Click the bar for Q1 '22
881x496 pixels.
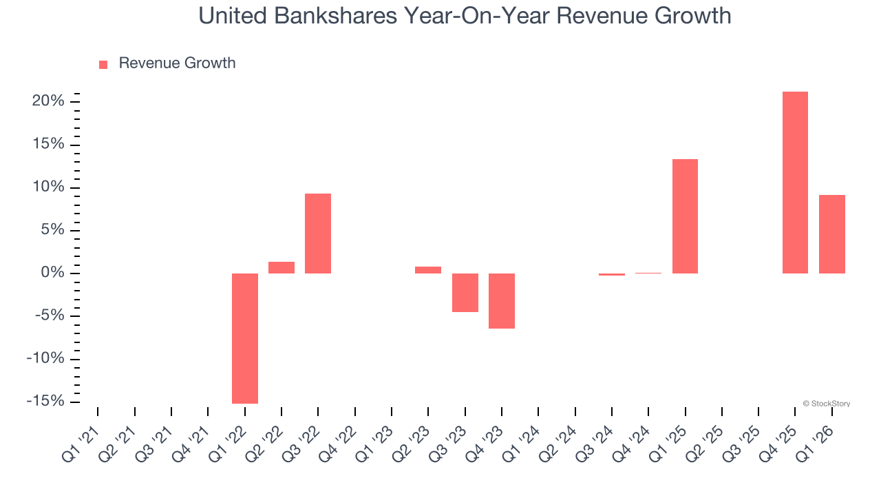pos(244,338)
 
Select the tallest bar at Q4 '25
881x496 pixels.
pos(795,183)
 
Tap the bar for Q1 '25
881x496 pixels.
pos(685,216)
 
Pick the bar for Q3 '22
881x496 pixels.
pos(318,234)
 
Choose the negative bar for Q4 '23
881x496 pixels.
pos(502,301)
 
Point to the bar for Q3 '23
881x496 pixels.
pos(465,293)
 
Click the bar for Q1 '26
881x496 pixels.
pos(831,234)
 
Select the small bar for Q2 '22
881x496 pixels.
pos(282,267)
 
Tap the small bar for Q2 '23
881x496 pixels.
pos(428,270)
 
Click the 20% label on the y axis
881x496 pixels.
pos(47,101)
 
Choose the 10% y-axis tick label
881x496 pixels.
pos(47,187)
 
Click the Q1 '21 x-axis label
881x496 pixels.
pos(81,442)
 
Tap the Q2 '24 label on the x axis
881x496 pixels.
pos(559,442)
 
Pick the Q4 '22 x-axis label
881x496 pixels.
pos(339,442)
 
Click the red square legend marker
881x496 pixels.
pos(103,64)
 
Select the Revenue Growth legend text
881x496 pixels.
pos(177,63)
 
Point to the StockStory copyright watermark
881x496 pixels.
pos(826,404)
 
